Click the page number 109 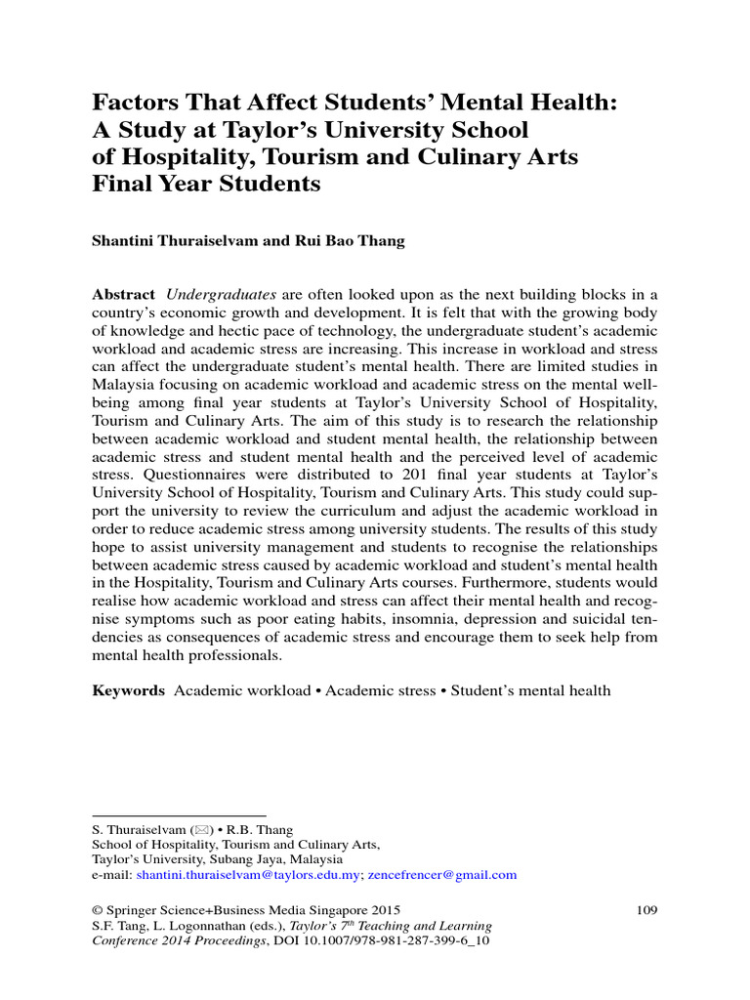tap(646, 910)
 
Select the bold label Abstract tap(123, 295)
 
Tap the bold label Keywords tap(128, 690)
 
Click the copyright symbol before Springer tap(97, 910)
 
